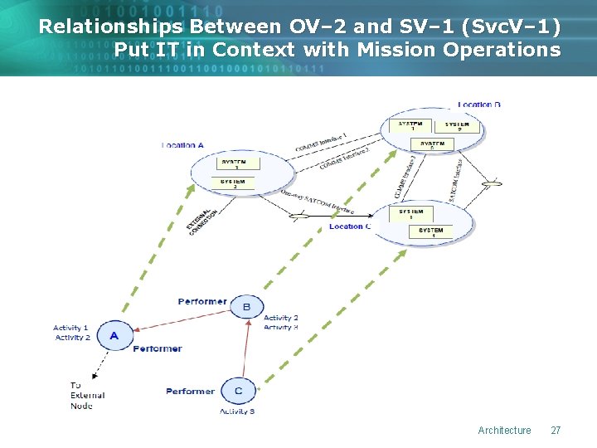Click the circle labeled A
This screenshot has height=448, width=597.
114,335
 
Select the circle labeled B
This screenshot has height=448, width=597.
246,308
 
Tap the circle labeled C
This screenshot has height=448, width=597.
238,390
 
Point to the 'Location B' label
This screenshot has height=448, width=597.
479,105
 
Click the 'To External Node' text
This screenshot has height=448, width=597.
87,395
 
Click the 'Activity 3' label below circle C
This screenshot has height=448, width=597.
237,411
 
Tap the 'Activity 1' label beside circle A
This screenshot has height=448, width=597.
71,329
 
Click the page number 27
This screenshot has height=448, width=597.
556,430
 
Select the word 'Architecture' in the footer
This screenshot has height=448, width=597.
504,430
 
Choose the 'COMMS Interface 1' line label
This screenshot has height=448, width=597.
321,143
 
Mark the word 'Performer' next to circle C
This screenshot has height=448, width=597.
190,391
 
